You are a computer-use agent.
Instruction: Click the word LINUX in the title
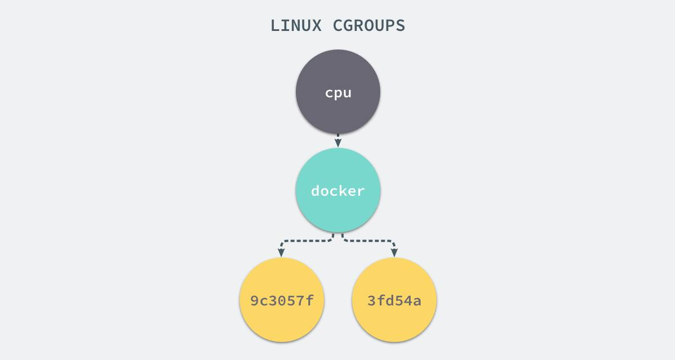(x=296, y=26)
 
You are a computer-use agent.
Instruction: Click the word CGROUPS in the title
(x=369, y=26)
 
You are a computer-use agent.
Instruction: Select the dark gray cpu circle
(x=338, y=92)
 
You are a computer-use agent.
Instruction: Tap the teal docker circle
(x=338, y=190)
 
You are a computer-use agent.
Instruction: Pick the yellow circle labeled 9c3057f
(x=282, y=300)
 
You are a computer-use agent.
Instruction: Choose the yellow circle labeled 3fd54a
(x=394, y=300)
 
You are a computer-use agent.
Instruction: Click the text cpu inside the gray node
(x=338, y=93)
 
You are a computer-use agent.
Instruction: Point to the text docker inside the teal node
(x=338, y=191)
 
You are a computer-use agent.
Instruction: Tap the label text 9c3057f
(x=282, y=300)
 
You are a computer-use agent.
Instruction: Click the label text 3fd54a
(x=394, y=300)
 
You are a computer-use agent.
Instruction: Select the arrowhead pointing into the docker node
(x=338, y=143)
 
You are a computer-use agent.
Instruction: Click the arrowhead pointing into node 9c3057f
(x=281, y=253)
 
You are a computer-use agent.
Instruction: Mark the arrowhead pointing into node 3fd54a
(x=394, y=253)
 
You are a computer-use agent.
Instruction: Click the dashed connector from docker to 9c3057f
(x=304, y=241)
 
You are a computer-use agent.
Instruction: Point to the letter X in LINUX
(x=316, y=26)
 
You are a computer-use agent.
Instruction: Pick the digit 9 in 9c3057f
(x=255, y=300)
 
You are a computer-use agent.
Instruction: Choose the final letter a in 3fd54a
(x=417, y=302)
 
